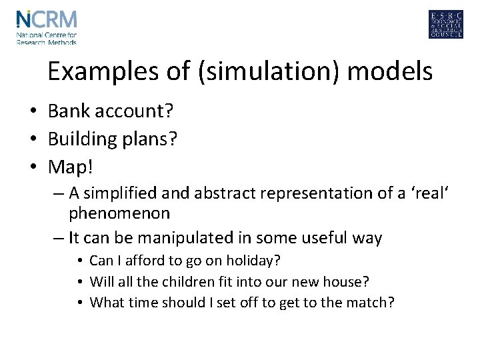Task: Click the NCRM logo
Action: tap(46, 26)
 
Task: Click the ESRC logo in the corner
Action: tap(446, 25)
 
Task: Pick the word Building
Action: tap(84, 139)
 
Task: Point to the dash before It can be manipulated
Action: tap(58, 237)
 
